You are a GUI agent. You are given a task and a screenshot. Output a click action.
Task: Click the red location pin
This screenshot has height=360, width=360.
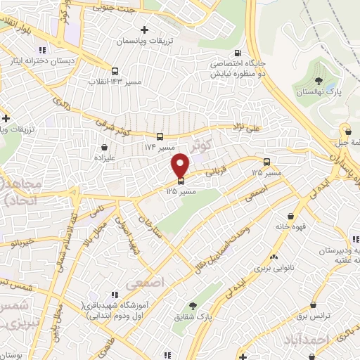click(x=181, y=165)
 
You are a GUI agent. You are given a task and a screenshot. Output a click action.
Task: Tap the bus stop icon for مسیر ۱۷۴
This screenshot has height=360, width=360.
click(x=160, y=136)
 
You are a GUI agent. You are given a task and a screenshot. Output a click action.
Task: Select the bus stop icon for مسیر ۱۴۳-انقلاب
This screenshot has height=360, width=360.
click(x=115, y=70)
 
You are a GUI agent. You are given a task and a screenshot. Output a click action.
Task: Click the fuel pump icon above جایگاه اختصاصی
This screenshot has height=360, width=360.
click(x=237, y=53)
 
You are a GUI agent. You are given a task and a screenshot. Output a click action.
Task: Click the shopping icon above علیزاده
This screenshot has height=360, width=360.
click(x=105, y=148)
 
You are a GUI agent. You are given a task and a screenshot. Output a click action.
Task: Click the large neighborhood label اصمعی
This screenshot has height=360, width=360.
click(x=146, y=283)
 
